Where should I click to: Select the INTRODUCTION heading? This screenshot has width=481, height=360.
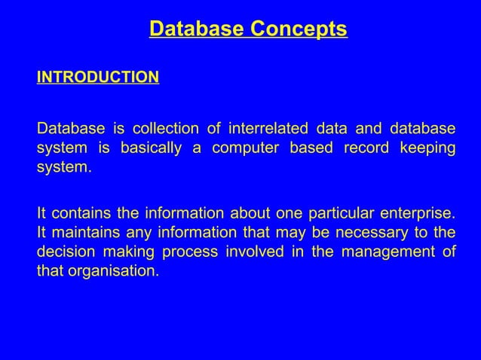[x=98, y=78]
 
